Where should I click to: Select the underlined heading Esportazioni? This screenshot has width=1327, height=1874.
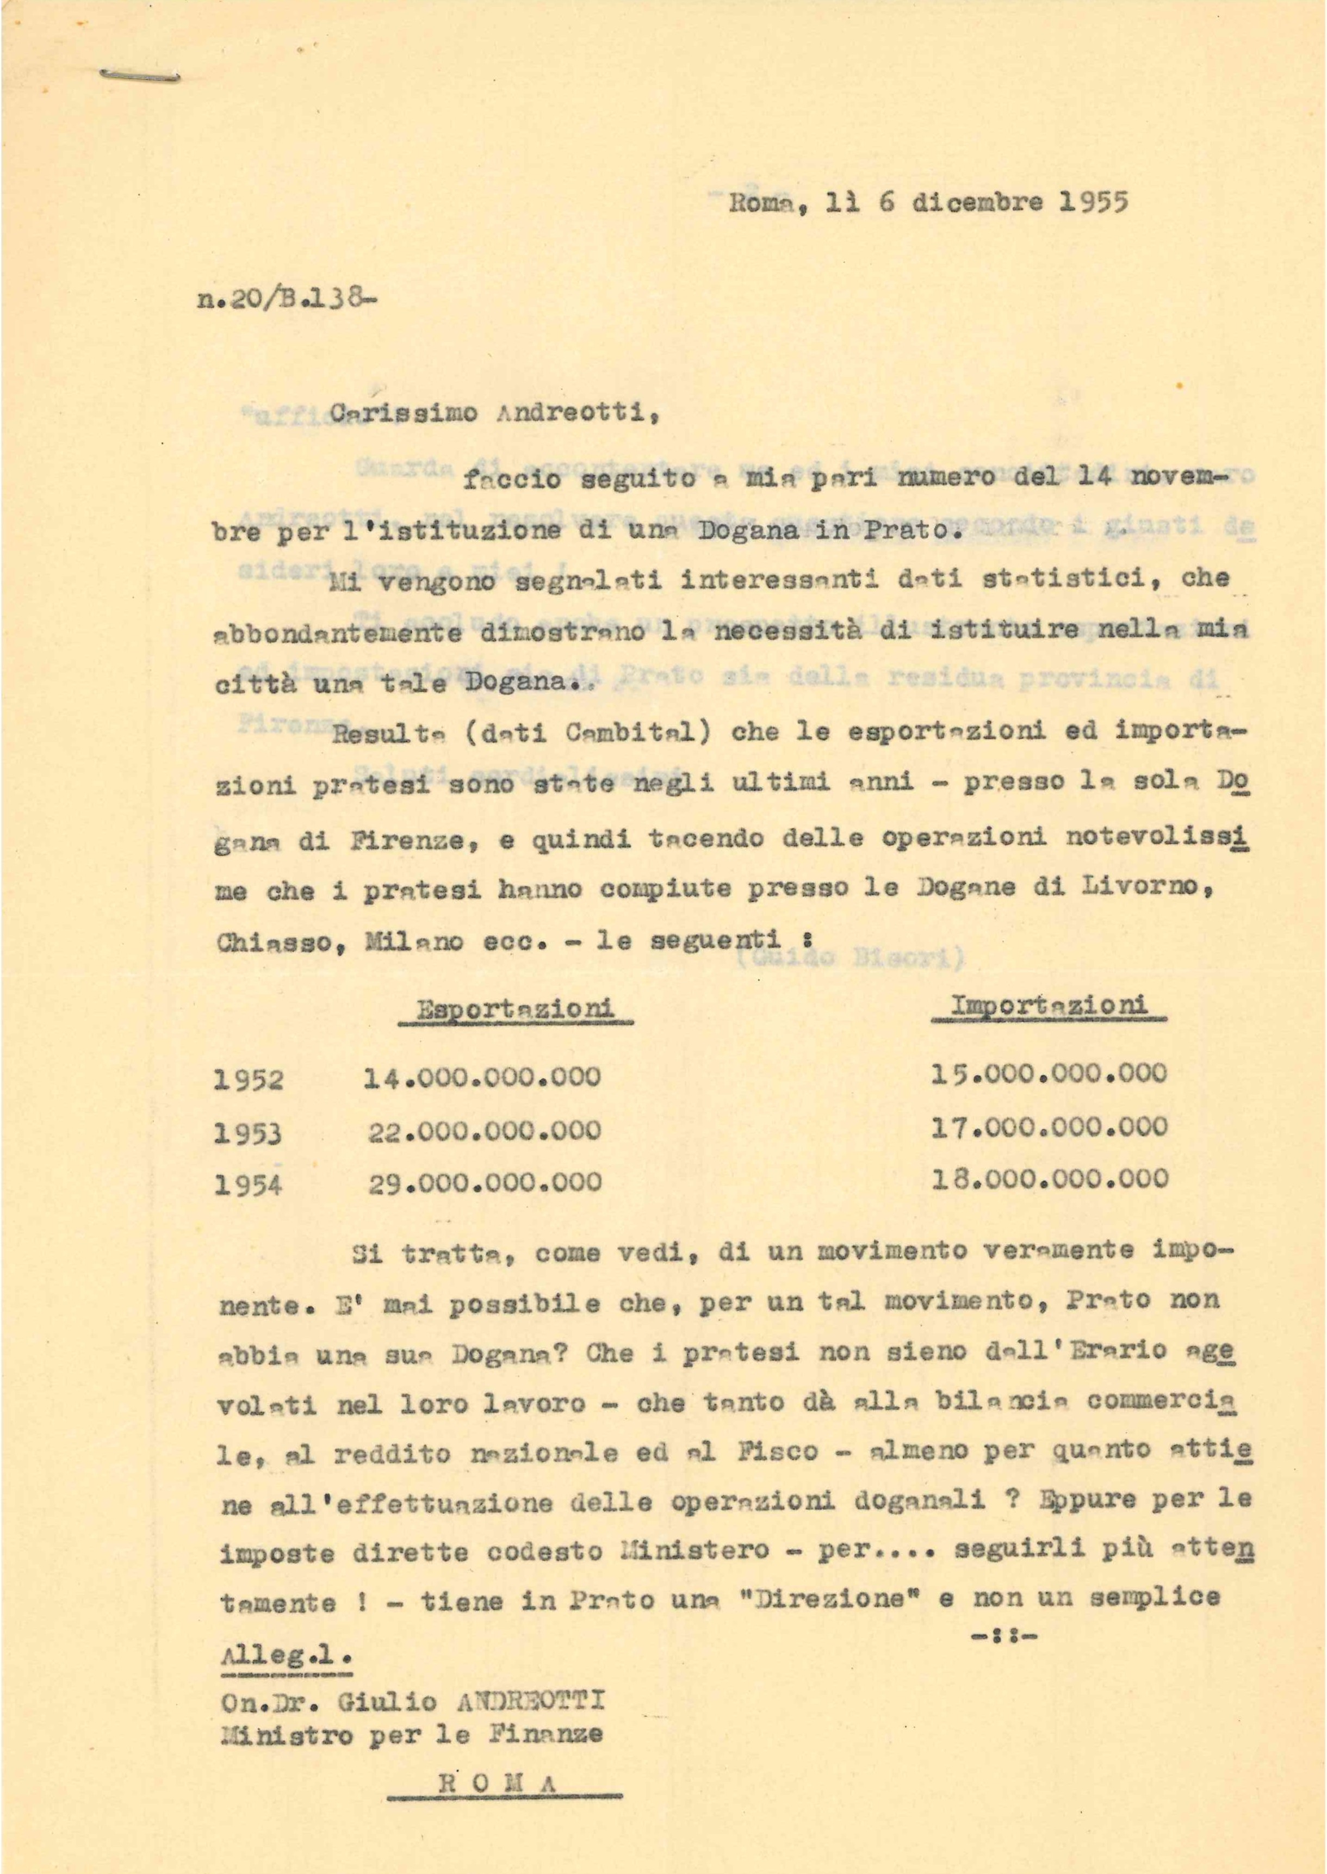click(x=517, y=1009)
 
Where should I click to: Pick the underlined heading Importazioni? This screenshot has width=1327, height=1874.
click(x=1049, y=1006)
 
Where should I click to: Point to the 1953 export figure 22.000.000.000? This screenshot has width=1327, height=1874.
click(x=485, y=1132)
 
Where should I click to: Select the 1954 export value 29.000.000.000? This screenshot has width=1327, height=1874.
click(x=485, y=1183)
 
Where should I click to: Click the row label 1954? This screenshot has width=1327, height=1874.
click(x=249, y=1184)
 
